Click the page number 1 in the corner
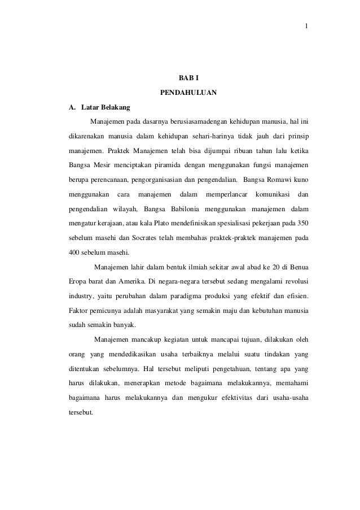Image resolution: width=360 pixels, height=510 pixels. [x=305, y=26]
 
